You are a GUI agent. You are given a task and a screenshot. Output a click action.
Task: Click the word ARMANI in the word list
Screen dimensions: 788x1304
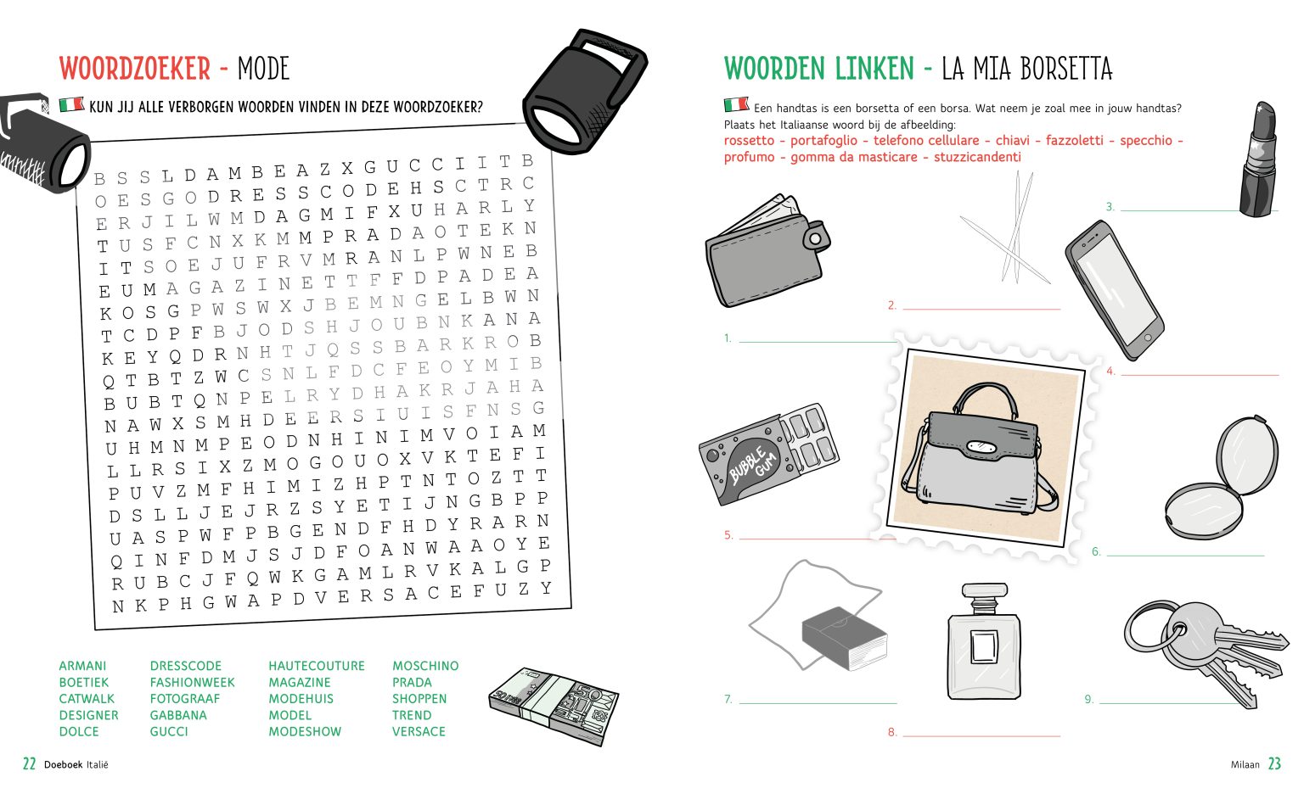tap(82, 666)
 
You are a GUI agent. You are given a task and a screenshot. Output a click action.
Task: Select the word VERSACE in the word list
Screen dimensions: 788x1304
tap(419, 731)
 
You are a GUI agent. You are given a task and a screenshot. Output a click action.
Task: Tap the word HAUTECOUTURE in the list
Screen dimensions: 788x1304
tap(317, 666)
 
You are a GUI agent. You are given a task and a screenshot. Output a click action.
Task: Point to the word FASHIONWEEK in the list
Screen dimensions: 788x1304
tap(192, 682)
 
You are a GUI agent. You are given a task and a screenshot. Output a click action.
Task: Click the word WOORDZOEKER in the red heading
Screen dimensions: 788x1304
tap(135, 69)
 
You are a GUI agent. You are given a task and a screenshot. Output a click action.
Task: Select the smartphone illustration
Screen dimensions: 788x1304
tap(1114, 289)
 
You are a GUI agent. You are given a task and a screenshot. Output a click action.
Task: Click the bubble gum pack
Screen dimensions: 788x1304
tap(767, 453)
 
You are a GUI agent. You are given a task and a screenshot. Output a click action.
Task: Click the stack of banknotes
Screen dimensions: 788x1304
tap(554, 706)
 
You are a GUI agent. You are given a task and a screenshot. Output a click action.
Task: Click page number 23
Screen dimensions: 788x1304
tap(1274, 764)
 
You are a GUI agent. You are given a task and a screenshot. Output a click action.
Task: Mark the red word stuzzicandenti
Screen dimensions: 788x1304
tap(977, 157)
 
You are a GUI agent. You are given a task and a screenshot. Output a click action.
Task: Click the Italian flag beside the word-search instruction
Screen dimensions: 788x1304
tap(71, 105)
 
